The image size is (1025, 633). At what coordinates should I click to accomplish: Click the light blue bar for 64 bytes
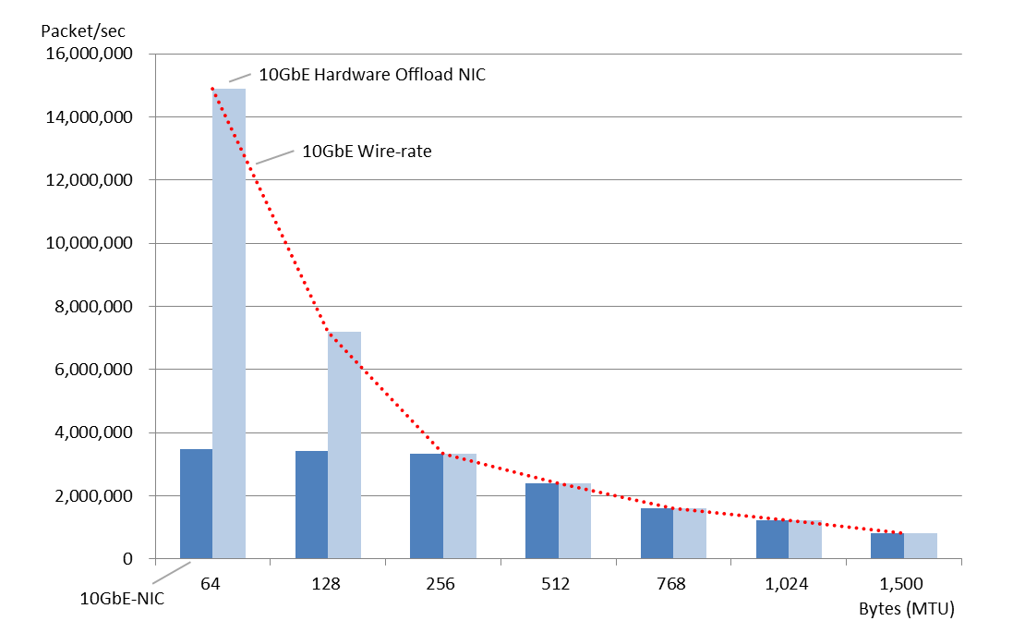229,323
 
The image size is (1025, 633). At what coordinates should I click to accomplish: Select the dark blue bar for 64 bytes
196,504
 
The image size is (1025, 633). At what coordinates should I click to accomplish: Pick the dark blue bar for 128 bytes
311,505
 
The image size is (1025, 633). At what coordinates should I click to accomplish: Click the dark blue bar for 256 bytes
427,506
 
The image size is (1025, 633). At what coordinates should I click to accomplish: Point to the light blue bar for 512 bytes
574,521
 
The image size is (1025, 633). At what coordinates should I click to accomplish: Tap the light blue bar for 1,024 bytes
805,540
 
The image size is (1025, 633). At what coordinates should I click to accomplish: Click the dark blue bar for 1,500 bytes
887,546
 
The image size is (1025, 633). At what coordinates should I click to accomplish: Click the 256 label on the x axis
442,584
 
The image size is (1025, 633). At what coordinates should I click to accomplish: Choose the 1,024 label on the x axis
788,584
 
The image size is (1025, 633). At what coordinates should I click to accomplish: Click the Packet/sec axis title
83,30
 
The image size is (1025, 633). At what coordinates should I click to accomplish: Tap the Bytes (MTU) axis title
906,609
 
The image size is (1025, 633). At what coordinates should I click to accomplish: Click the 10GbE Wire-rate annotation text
367,152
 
